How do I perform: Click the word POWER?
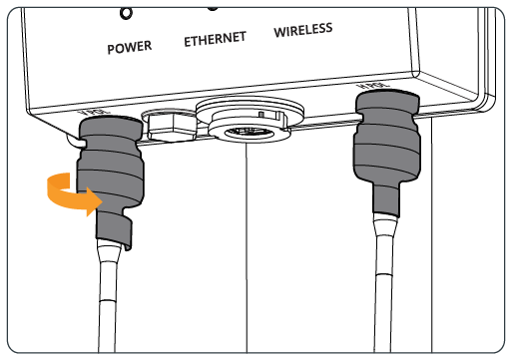point(130,47)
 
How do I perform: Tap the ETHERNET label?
point(216,39)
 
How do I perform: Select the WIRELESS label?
point(303,30)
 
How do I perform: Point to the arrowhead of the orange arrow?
point(94,201)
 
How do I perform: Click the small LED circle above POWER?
point(126,14)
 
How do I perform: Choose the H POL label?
point(373,86)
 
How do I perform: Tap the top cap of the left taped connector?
point(111,128)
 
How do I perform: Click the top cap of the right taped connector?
point(387,102)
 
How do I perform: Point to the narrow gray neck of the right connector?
point(386,198)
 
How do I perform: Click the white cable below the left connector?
point(108,299)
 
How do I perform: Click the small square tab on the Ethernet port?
point(261,115)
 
